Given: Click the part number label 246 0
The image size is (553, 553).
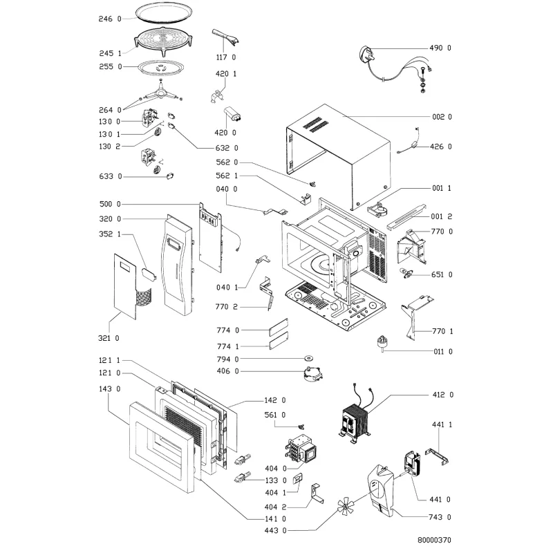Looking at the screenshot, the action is pos(110,19).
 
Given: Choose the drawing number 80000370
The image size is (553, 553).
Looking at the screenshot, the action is pos(434,540).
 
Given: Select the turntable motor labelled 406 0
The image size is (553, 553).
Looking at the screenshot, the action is pos(313,373).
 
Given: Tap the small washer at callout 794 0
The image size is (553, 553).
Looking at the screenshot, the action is pos(309,359).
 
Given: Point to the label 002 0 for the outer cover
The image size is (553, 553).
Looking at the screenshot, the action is pos(442,117).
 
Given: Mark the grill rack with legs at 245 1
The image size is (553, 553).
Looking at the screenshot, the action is pos(163,41).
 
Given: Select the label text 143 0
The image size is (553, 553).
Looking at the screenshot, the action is pos(109,388).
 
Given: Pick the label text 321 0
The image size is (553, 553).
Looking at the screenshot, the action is pos(109,338).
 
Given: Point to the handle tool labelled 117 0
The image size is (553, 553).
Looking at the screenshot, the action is pos(226,37).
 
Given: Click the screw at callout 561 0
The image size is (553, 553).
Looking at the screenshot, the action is pos(301,427).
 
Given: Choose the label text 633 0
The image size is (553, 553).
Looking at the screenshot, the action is pos(111,176).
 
